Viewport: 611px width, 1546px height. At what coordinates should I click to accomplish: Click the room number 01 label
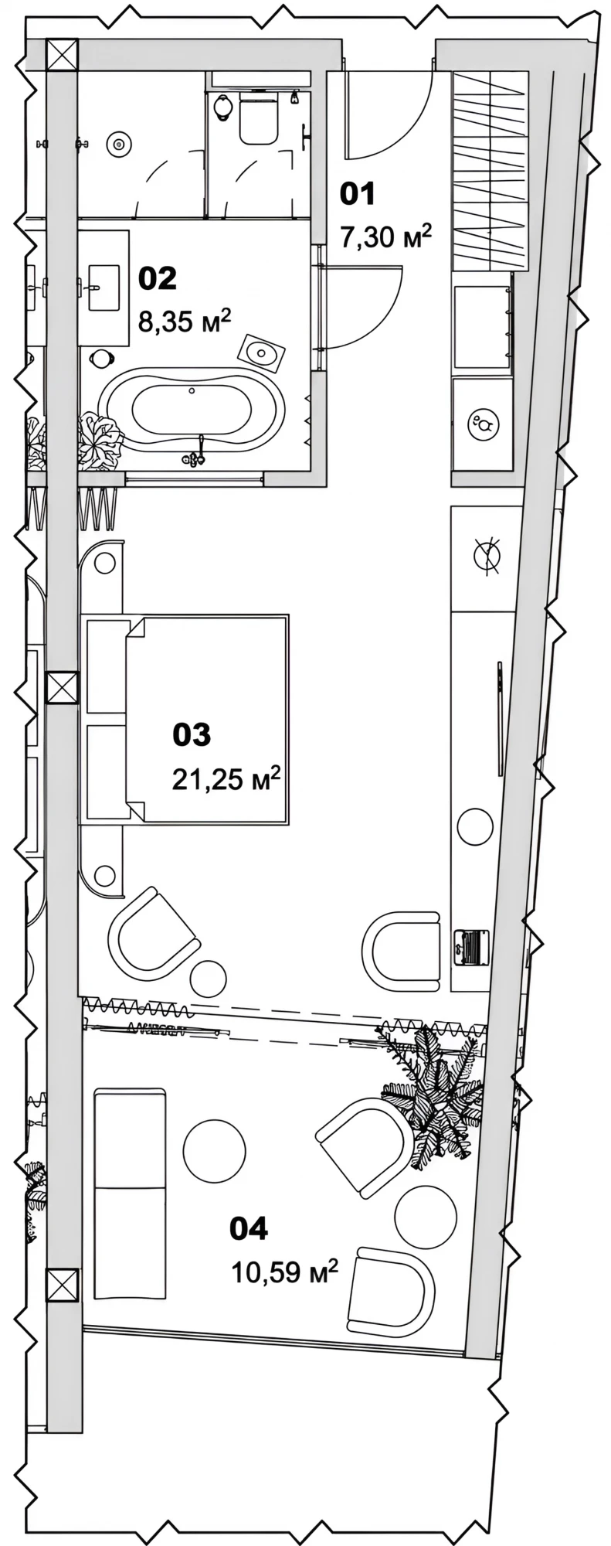[x=358, y=194]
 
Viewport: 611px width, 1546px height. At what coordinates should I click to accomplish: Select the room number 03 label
[x=192, y=734]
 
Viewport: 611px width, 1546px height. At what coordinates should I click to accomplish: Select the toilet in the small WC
[x=258, y=117]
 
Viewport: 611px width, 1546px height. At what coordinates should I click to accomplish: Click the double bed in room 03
[x=186, y=720]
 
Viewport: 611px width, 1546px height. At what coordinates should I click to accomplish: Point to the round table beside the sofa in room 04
[x=214, y=1150]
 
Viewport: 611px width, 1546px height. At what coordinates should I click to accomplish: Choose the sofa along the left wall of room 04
[x=129, y=1194]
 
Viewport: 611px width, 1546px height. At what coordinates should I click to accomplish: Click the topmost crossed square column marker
[x=63, y=56]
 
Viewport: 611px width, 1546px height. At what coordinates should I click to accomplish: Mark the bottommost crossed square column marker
[x=63, y=1284]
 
